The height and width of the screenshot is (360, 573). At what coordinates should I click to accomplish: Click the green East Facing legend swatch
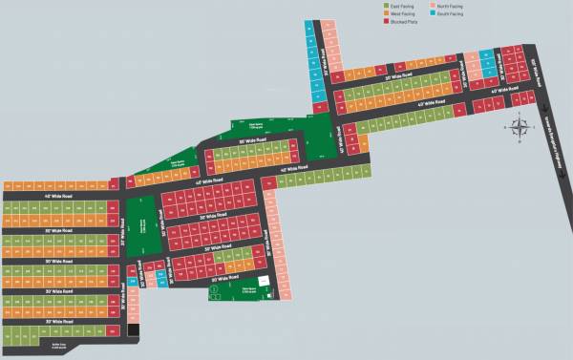(386, 7)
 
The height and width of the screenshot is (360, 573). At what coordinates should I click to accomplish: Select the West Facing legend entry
(398, 14)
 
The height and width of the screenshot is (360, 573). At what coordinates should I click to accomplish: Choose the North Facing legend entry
(448, 7)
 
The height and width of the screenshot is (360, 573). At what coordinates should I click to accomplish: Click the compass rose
(520, 125)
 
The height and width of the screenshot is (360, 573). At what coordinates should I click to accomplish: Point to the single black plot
(134, 330)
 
